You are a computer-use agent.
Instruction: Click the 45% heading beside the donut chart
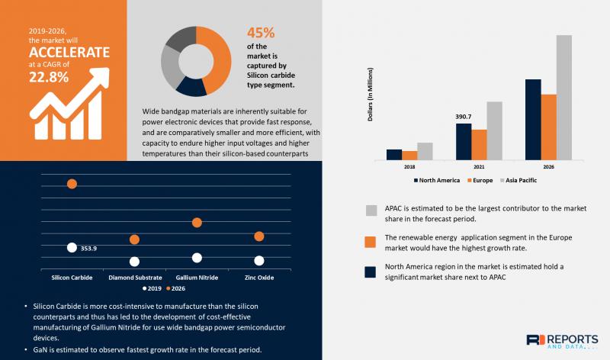[x=259, y=33]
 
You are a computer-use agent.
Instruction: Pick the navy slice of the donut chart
[x=191, y=85]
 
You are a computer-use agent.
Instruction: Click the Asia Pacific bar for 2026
[x=563, y=98]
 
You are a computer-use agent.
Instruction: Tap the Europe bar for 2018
[x=409, y=155]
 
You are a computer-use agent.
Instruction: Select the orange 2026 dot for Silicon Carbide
[x=72, y=184]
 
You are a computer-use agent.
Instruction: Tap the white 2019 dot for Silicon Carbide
[x=72, y=247]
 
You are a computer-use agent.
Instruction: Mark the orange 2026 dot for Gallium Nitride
[x=197, y=222]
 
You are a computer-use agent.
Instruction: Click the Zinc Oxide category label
[x=258, y=278]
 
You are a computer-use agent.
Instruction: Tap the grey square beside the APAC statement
[x=371, y=211]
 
